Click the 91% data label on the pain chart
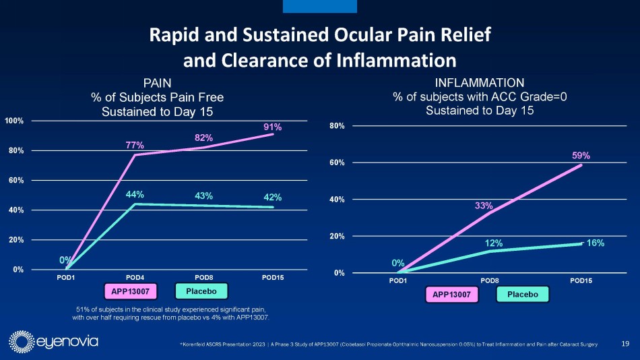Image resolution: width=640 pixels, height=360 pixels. point(272,127)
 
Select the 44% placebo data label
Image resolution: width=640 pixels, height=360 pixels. point(135,195)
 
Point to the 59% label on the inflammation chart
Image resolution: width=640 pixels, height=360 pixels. point(581,155)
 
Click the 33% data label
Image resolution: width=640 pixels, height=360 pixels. point(484,206)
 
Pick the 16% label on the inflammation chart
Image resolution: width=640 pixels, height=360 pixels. point(594,243)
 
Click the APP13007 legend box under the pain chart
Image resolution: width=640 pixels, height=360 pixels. point(130,291)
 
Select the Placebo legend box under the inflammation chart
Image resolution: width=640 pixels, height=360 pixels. point(523,295)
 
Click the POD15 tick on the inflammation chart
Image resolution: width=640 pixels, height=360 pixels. point(581,280)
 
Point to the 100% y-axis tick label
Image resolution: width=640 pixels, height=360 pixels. point(14,121)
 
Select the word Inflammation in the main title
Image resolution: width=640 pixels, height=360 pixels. point(395,61)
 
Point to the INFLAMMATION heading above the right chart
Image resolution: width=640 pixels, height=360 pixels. point(480,84)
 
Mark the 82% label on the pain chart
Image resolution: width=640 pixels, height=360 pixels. point(204,138)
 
